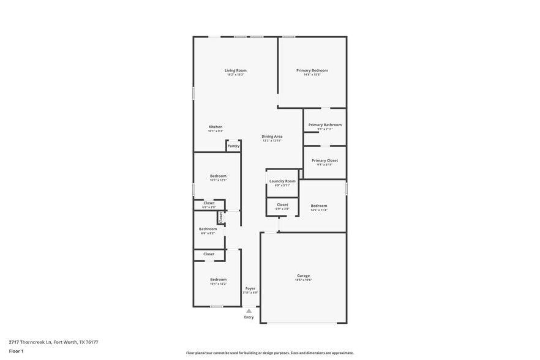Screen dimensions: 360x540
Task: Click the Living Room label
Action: [236, 70]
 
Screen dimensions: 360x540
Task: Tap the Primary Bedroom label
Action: [312, 70]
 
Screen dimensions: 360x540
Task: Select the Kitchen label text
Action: [215, 127]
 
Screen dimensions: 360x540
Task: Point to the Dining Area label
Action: [272, 136]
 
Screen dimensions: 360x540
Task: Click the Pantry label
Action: [233, 146]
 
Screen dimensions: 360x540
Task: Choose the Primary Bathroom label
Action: [324, 125]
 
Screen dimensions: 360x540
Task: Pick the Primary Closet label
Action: [324, 160]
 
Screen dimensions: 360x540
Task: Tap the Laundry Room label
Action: [282, 181]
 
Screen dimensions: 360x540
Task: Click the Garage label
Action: [304, 276]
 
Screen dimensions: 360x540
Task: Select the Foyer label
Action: [250, 288]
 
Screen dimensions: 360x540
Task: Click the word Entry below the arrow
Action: [249, 317]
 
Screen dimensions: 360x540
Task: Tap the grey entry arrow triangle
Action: [249, 311]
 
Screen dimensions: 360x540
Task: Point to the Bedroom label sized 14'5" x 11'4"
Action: [318, 206]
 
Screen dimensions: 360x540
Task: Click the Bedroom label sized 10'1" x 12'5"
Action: [218, 176]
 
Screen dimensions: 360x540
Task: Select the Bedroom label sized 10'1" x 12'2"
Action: [218, 279]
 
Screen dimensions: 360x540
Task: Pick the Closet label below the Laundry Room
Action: [282, 204]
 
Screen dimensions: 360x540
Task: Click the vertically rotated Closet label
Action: [222, 217]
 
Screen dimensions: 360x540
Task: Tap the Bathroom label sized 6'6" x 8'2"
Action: [208, 229]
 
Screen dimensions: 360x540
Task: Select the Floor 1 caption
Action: [16, 351]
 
